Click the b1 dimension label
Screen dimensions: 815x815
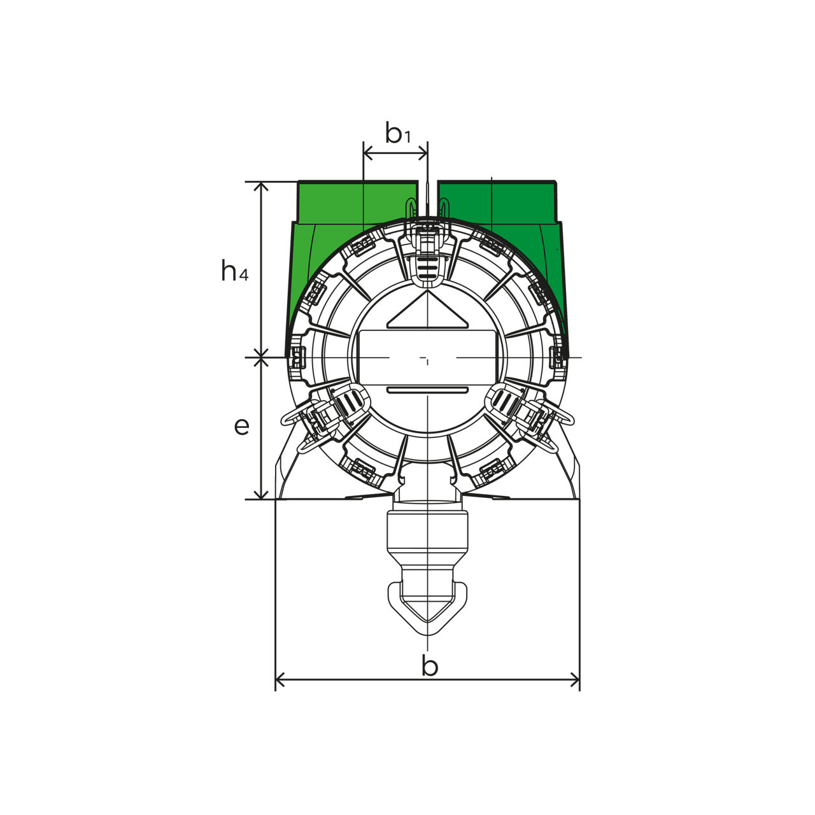397,133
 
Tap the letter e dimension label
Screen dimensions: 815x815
241,426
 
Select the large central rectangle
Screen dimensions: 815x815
427,357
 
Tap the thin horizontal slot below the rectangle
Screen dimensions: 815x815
427,390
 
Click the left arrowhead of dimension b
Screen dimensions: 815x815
280,692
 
